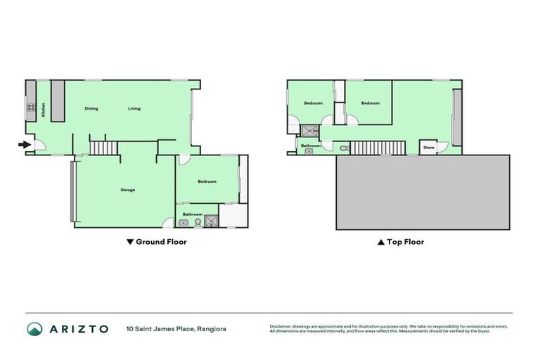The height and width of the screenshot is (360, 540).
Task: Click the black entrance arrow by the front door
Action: [24, 146]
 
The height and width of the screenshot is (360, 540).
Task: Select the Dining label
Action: [91, 108]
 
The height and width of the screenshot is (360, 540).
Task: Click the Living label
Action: [134, 108]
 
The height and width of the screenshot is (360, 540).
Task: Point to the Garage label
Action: [127, 190]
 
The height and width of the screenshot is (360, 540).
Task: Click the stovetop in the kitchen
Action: [31, 108]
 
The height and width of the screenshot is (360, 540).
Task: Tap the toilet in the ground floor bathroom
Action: [198, 222]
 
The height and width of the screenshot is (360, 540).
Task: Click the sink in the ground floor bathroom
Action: [183, 223]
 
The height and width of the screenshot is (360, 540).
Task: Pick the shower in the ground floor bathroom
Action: [212, 222]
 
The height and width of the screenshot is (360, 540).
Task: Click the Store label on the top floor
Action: [429, 148]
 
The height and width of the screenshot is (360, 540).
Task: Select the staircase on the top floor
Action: [378, 148]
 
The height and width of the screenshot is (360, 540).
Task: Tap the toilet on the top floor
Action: [342, 149]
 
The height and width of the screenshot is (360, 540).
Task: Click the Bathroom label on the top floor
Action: [311, 146]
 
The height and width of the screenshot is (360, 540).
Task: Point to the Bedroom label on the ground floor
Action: [207, 181]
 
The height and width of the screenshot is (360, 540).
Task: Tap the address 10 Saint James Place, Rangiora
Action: [176, 328]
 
